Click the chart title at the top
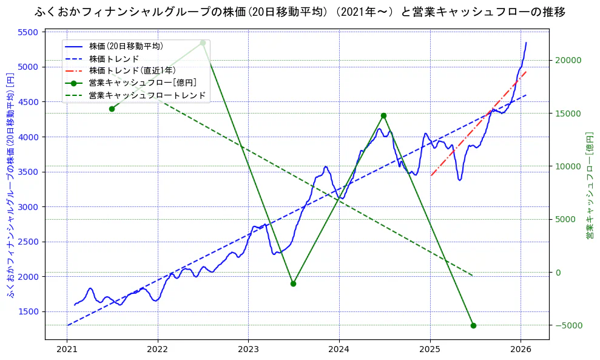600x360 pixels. click(x=300, y=12)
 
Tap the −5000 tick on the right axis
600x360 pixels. click(x=569, y=326)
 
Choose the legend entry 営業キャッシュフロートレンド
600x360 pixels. click(x=147, y=95)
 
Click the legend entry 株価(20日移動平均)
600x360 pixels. click(x=126, y=46)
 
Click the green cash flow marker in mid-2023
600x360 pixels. click(x=293, y=284)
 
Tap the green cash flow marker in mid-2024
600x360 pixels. click(x=383, y=115)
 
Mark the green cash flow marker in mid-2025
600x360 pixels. click(x=473, y=325)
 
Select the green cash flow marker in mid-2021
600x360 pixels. click(x=112, y=109)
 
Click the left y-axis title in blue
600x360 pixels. click(x=10, y=185)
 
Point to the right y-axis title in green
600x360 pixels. click(x=589, y=185)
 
